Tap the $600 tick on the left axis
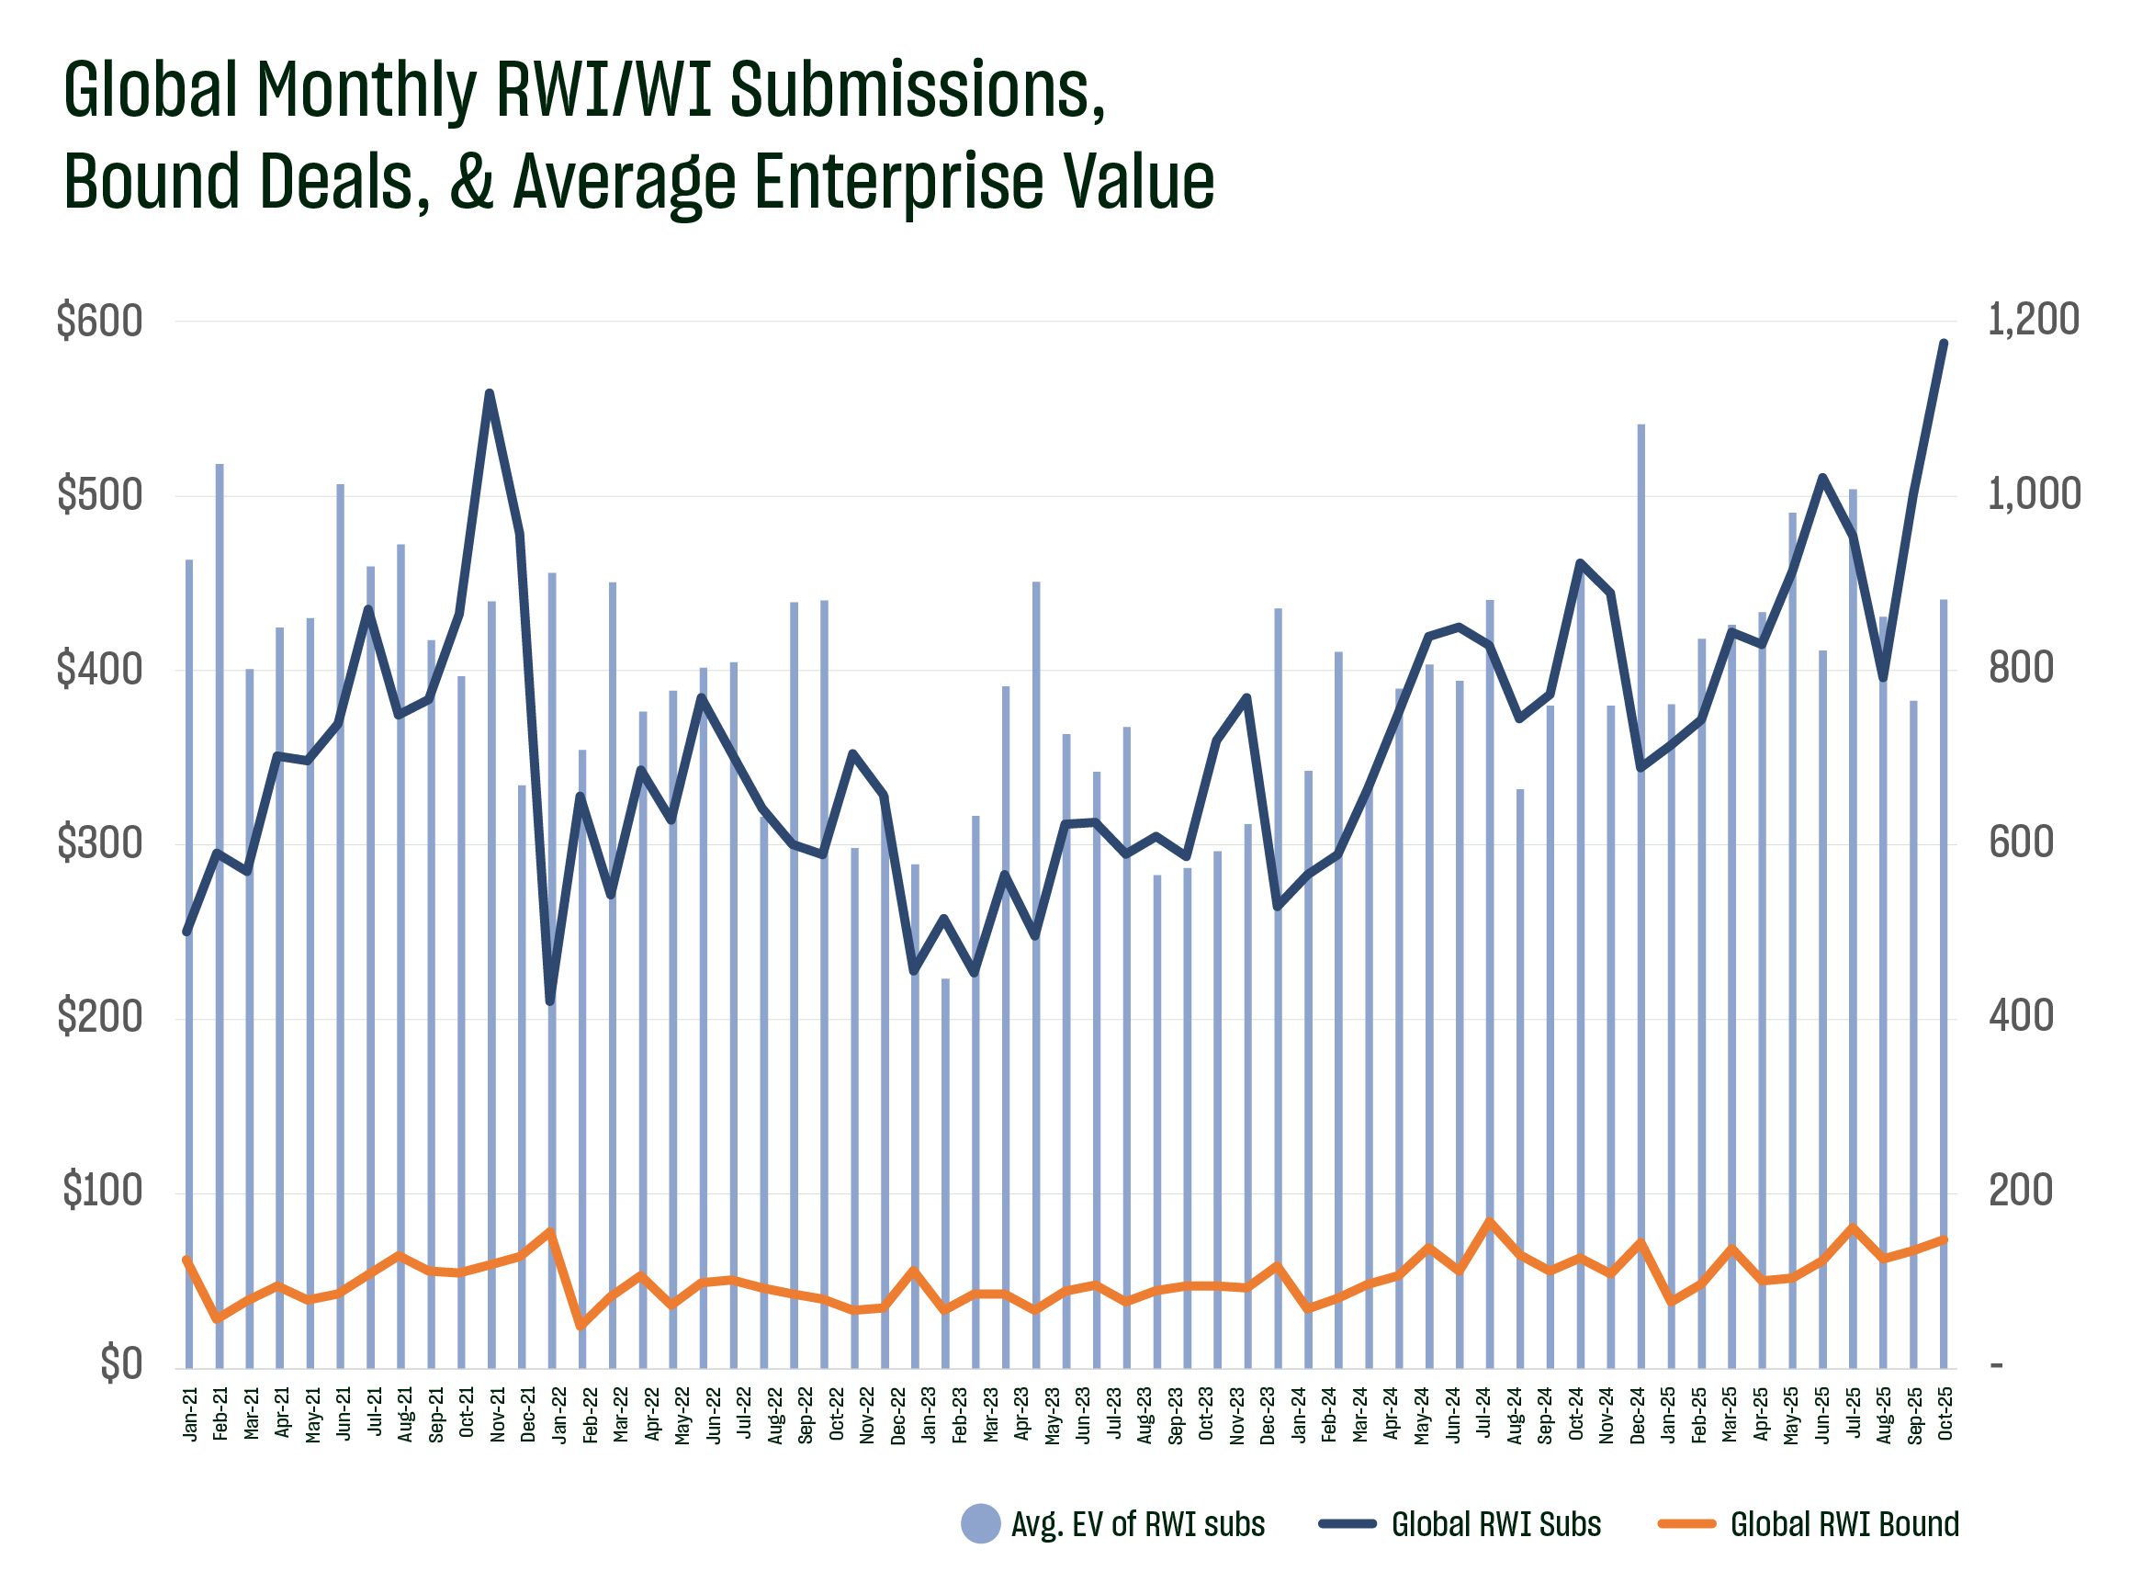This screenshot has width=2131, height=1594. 99,321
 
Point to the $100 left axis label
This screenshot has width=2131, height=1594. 102,1192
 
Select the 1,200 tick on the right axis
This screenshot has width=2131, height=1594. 2033,320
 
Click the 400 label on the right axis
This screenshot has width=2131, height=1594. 2020,1017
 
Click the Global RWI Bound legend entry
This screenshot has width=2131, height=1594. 1809,1523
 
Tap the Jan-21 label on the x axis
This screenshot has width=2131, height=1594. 190,1414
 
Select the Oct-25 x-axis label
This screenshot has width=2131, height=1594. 1945,1414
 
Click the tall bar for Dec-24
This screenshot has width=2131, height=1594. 1641,867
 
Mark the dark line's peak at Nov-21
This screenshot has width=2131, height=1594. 490,393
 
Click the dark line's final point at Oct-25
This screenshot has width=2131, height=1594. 1945,343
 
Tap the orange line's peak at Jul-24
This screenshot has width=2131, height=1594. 1489,1222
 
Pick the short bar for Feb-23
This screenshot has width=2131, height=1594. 945,1171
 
